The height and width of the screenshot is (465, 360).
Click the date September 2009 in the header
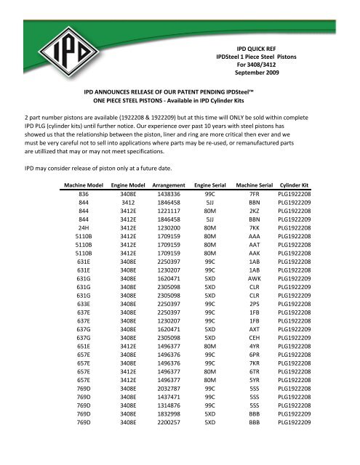pyautogui.click(x=264, y=73)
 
